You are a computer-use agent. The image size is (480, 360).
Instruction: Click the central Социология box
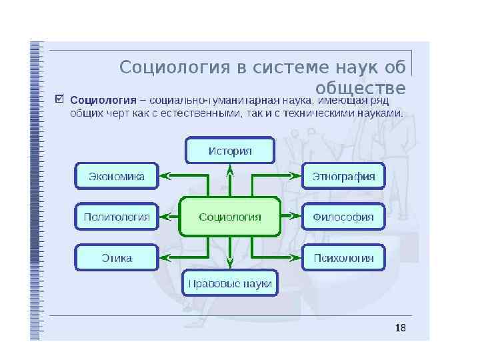230,217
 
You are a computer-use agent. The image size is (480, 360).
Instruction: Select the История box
230,150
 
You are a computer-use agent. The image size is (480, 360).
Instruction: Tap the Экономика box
117,177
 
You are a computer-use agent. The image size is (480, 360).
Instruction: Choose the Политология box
117,217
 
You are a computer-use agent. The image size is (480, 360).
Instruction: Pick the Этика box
117,257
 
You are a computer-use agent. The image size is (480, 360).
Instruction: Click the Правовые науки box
230,283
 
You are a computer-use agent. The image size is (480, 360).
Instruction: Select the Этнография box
344,177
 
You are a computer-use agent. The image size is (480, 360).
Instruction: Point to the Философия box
344,217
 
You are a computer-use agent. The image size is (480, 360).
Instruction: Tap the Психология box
344,257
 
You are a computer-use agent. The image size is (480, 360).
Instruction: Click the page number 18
400,328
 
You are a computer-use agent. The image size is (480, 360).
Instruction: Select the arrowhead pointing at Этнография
295,177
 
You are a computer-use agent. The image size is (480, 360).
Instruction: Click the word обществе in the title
360,89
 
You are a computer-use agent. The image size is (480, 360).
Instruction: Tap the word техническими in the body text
323,113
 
